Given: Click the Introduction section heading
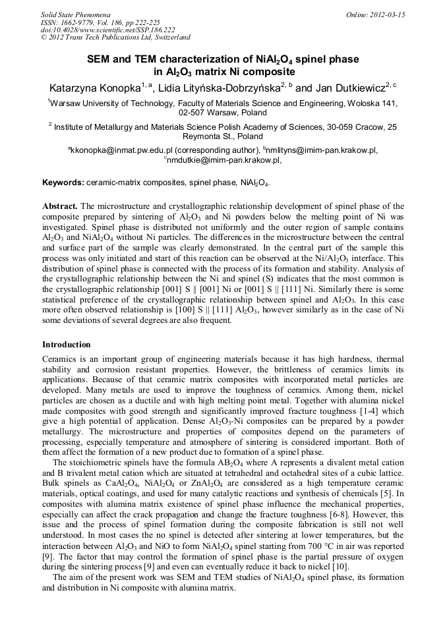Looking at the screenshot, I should tap(67, 344).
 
